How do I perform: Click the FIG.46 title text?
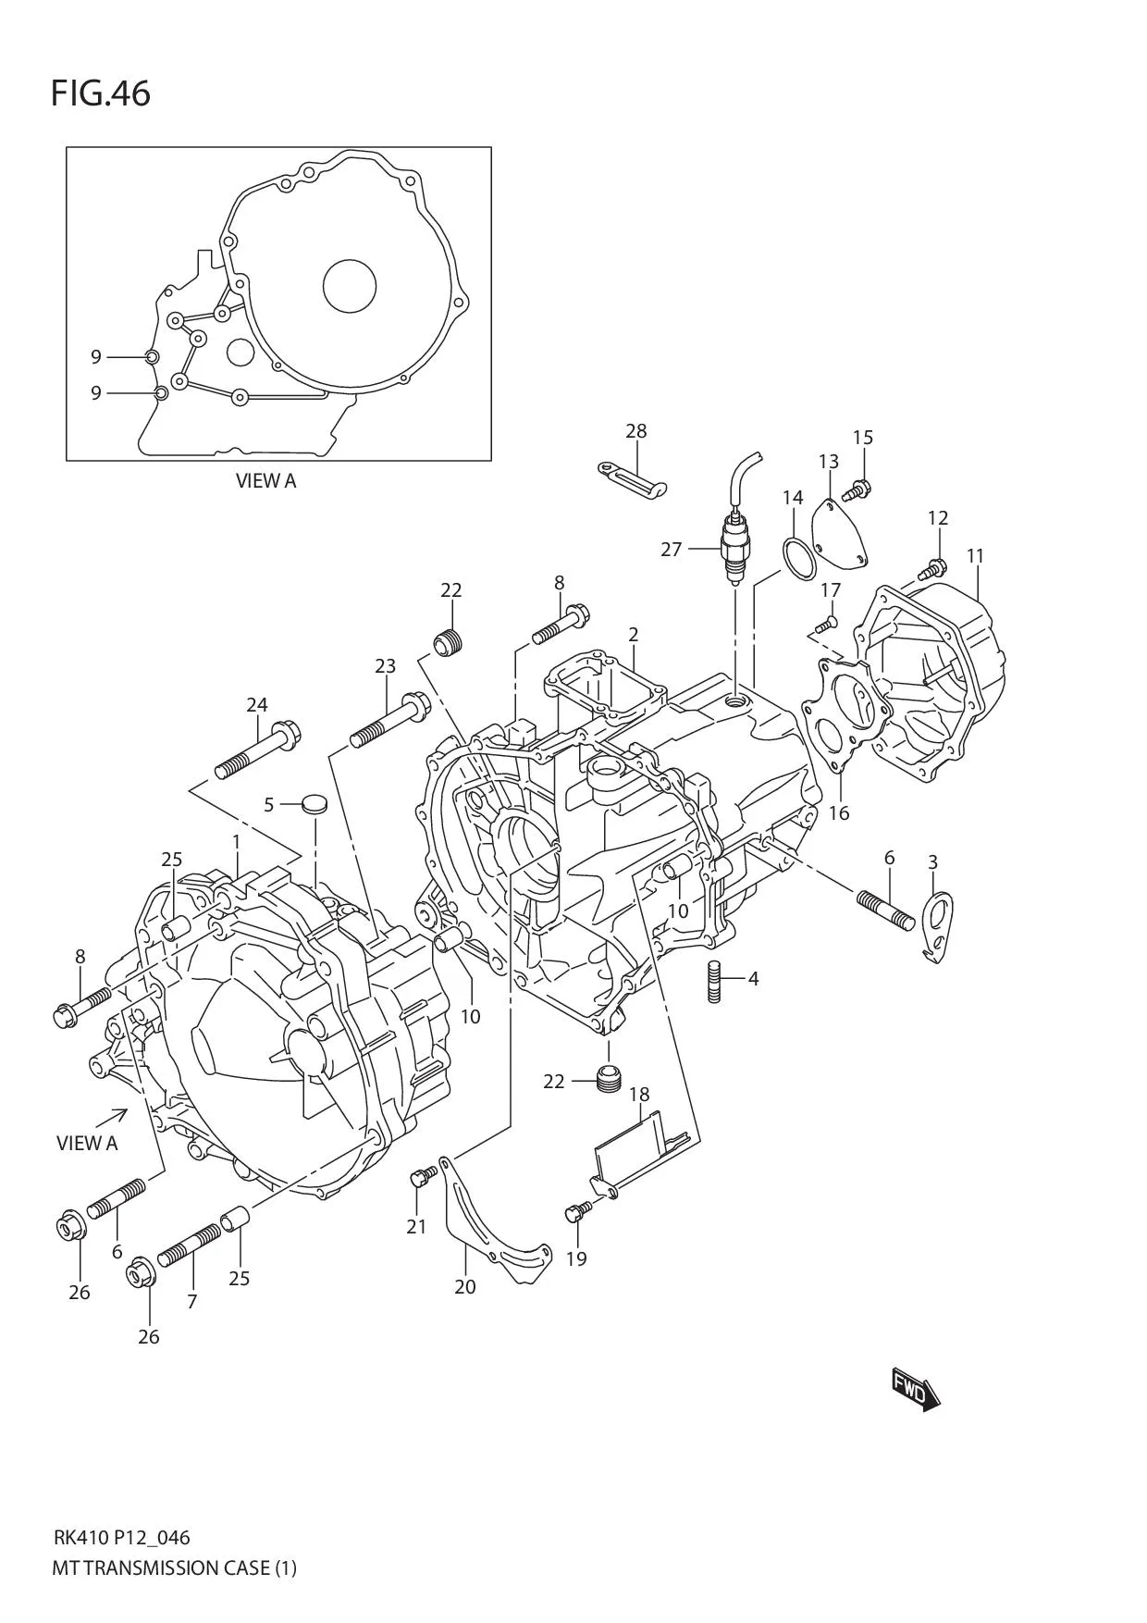[x=100, y=93]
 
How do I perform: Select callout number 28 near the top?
[x=635, y=430]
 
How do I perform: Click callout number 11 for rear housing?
[x=975, y=555]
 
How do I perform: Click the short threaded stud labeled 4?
[x=714, y=981]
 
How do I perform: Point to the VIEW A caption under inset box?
[x=265, y=481]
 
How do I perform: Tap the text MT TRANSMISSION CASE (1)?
[x=174, y=1567]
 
